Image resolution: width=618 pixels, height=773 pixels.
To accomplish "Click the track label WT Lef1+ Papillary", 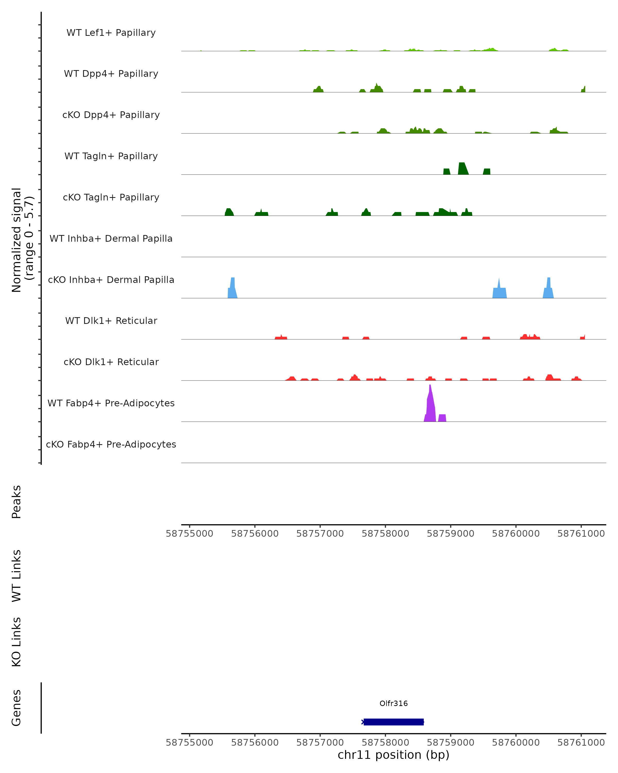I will tap(111, 33).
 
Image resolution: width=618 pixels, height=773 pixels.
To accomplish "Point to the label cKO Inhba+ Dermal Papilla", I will tap(111, 280).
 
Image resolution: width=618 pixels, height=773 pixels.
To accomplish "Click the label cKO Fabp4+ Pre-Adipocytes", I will tap(111, 444).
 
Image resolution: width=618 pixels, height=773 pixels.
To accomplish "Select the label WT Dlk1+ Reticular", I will tap(111, 321).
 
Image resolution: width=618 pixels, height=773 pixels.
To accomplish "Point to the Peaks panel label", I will tap(16, 502).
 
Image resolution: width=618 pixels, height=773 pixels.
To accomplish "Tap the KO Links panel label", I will tap(16, 642).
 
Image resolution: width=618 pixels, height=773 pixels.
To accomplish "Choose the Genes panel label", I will tap(16, 708).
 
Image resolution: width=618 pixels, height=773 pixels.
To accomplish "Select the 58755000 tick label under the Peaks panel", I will tap(190, 534).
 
